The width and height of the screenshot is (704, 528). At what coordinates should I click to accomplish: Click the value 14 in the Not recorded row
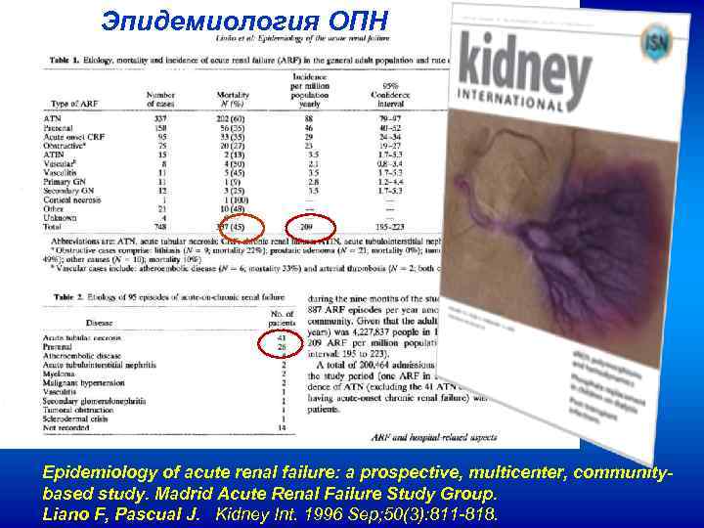[x=282, y=427]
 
